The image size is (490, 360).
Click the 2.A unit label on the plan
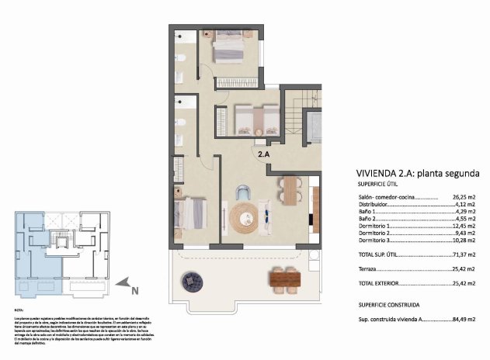(x=264, y=154)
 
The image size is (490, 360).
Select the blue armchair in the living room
(x=244, y=192)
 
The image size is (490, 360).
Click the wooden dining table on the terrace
(x=286, y=276)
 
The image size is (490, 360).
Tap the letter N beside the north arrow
(x=134, y=292)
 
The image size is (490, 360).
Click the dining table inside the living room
(x=290, y=190)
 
